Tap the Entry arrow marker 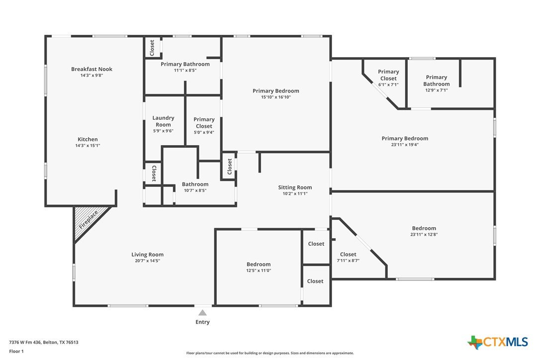coord(202,313)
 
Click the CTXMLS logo coord(497,342)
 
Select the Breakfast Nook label coord(91,69)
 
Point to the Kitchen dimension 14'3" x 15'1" coord(88,146)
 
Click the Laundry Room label coord(163,121)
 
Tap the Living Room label coord(147,255)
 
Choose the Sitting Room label coord(295,187)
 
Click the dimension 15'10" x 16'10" coord(276,97)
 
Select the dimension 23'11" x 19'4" coord(405,145)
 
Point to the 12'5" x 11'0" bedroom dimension coord(259,271)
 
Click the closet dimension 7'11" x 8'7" coord(348,261)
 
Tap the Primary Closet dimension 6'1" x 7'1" coord(388,85)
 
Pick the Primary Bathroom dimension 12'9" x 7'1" coord(437,90)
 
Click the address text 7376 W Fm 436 coord(25,343)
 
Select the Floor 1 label coord(16,352)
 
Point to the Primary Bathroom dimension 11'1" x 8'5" coord(185,70)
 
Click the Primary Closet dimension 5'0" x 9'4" coord(204,132)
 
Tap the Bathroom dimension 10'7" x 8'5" coord(195,190)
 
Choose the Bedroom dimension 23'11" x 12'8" coord(424,235)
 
